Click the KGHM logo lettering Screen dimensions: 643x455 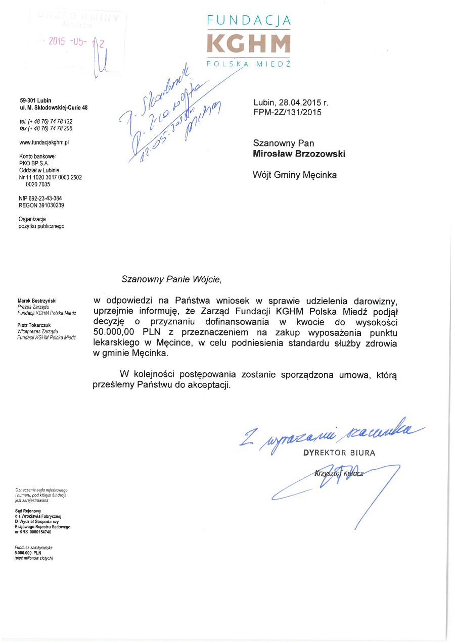[249, 43]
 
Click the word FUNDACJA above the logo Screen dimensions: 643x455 [249, 21]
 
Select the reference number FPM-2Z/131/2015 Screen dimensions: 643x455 [287, 113]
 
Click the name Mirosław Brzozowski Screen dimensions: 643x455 [299, 154]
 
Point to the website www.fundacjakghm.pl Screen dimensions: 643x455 [43, 142]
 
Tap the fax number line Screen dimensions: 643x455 [45, 128]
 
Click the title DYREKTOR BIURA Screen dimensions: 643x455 [339, 453]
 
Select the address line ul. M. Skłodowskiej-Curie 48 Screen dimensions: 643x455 [53, 108]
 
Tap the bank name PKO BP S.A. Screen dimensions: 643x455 [34, 164]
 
